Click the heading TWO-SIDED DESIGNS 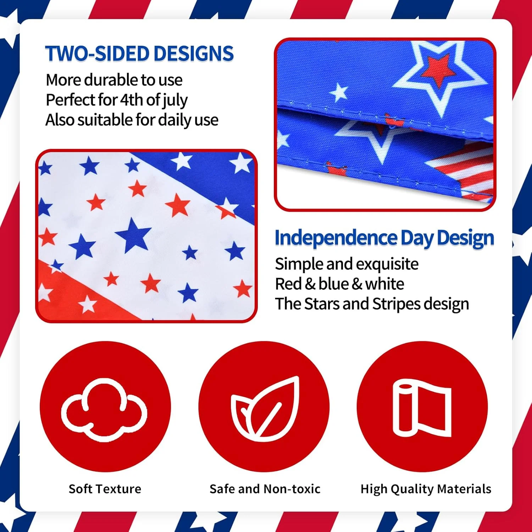tap(139, 54)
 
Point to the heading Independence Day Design tap(384, 238)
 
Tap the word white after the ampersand tap(384, 284)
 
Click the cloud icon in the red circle tap(104, 410)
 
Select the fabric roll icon tap(422, 408)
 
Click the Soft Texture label tap(105, 489)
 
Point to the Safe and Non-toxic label tap(265, 489)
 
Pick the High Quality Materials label tap(426, 489)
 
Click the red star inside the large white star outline tap(438, 70)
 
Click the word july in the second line tap(175, 101)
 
